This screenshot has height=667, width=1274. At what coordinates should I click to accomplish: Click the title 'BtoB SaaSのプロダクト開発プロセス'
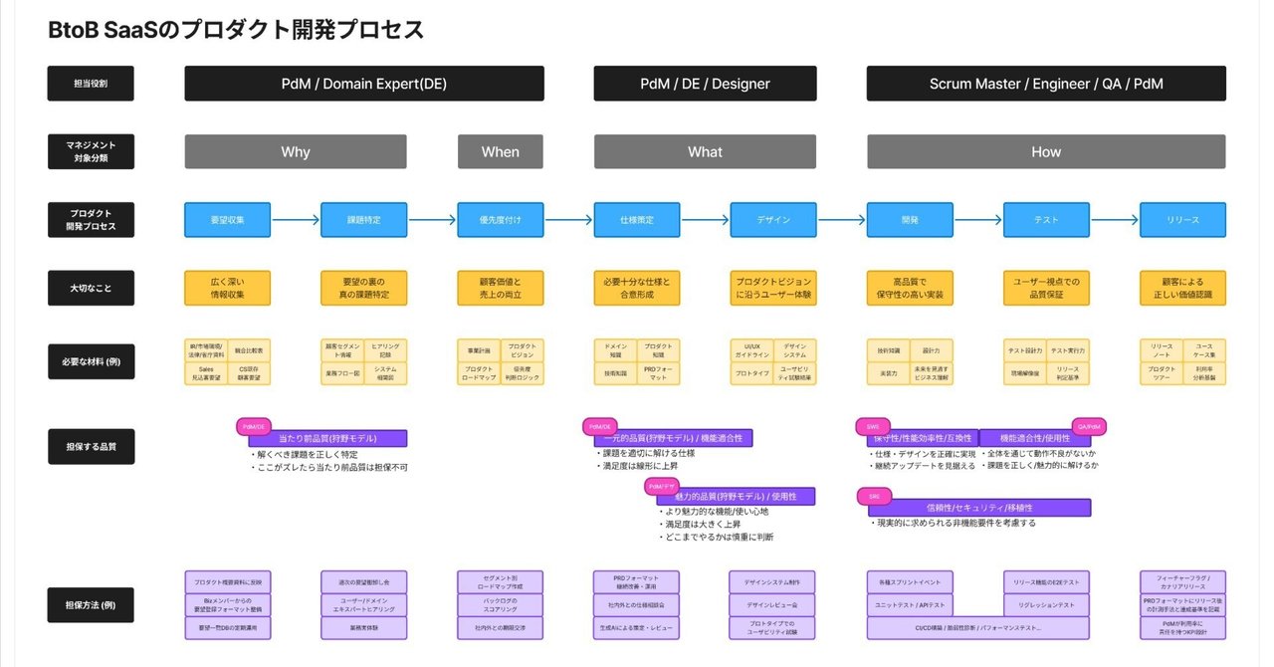coord(236,31)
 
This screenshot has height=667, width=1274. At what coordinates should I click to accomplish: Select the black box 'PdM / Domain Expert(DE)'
coord(364,84)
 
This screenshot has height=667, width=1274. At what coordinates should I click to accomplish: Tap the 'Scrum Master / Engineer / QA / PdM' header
coord(1046,84)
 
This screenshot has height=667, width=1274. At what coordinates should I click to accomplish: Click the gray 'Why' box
coord(296,151)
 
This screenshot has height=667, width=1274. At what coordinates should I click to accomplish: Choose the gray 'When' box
coord(500,151)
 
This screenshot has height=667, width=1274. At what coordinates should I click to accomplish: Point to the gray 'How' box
coord(1046,151)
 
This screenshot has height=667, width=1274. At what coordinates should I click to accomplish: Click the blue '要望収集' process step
coord(227,220)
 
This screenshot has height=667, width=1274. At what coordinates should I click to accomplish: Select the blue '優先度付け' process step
coord(500,220)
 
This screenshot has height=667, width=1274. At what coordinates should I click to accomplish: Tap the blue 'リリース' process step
coord(1182,220)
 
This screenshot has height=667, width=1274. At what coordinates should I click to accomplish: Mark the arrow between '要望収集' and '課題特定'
coord(296,220)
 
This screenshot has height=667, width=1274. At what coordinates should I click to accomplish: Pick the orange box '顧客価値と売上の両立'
coord(500,288)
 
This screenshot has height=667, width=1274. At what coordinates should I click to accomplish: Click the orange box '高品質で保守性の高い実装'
coord(910,288)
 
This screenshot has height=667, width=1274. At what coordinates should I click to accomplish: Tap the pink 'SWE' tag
coord(873,426)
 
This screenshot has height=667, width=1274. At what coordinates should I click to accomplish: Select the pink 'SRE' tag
coord(874,495)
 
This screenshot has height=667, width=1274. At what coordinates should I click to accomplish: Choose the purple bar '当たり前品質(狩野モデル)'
coord(328,438)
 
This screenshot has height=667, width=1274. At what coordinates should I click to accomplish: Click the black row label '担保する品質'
coord(91,447)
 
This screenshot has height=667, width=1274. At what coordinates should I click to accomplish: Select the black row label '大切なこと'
coord(91,288)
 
